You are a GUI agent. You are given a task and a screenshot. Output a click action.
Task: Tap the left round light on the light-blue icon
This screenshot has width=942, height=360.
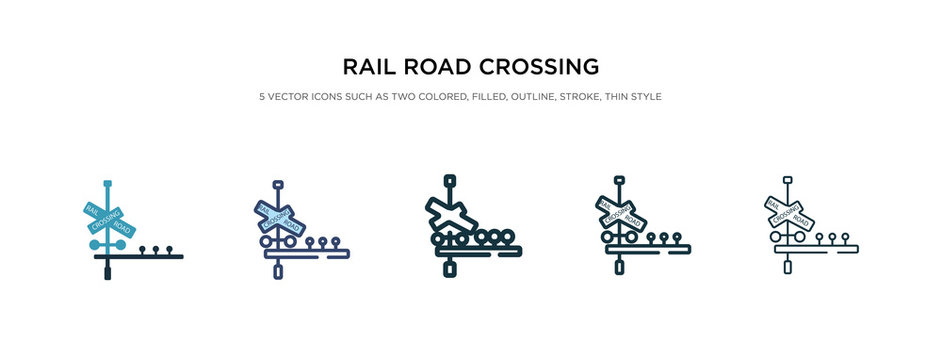[95, 244]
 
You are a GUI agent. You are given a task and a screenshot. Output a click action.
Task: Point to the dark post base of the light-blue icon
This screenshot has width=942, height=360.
[107, 269]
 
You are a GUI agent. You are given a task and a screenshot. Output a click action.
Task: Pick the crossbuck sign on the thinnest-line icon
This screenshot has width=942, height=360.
[789, 213]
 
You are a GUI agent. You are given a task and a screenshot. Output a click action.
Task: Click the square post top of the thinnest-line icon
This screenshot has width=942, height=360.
[788, 181]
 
